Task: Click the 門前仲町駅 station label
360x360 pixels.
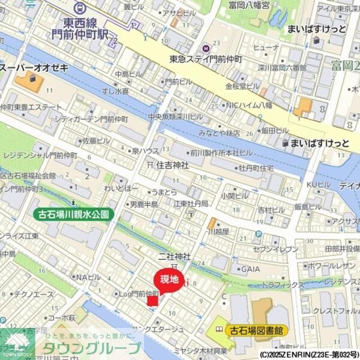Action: [x=80, y=28]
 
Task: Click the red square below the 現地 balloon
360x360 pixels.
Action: [x=152, y=300]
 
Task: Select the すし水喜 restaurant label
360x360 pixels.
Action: [x=115, y=91]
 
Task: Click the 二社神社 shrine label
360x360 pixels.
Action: [x=174, y=256]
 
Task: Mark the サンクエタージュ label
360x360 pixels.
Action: [x=158, y=329]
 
